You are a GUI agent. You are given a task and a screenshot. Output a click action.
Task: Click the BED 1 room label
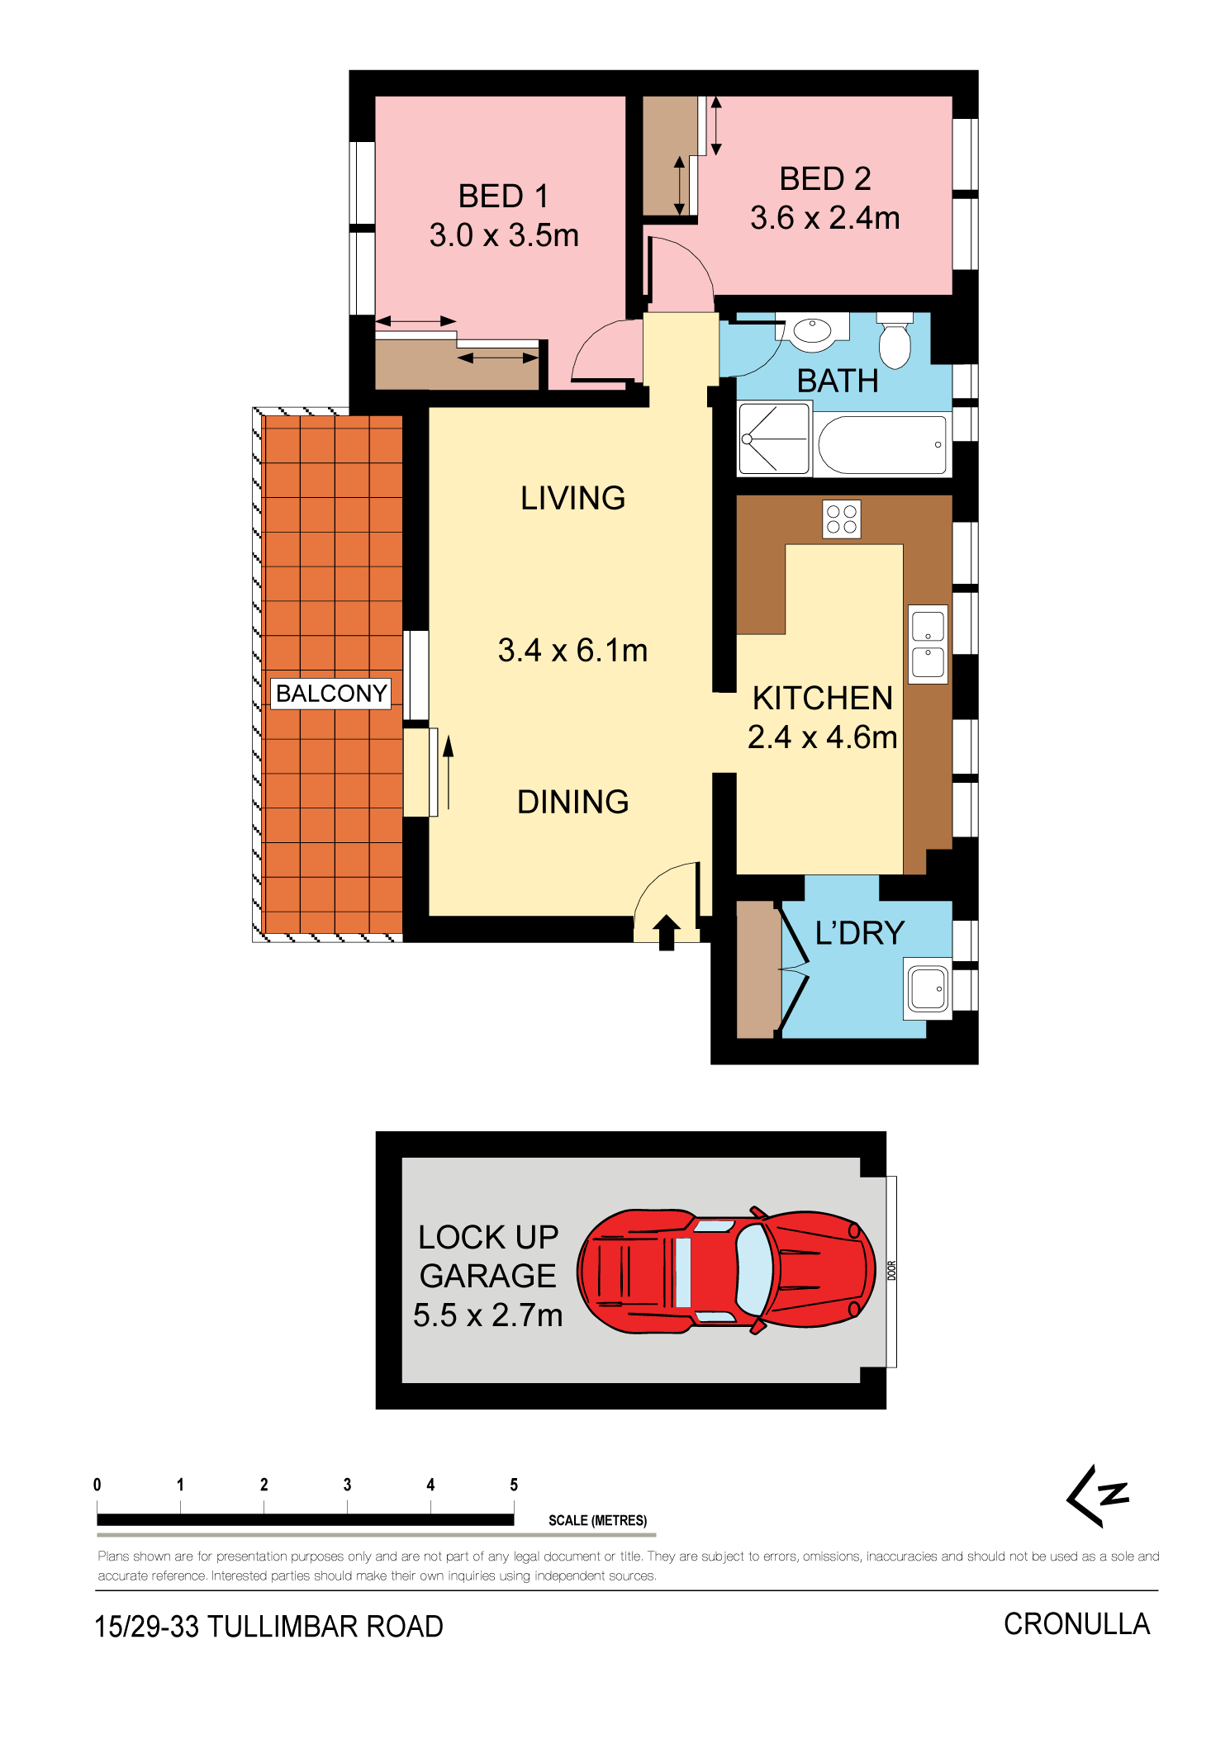coord(503,197)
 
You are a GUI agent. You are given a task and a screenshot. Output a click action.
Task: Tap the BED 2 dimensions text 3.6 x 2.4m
coord(824,218)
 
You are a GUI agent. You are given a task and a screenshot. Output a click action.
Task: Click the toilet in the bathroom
coord(895,341)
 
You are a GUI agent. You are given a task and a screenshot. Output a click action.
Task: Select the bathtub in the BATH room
coord(882,444)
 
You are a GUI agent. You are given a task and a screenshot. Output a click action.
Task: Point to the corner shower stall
coord(774,438)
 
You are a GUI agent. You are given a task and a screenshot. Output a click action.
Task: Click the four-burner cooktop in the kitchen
coord(842,519)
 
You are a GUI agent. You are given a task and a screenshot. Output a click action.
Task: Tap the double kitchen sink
coord(928,644)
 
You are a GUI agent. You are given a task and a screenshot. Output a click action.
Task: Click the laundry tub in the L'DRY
coord(928,988)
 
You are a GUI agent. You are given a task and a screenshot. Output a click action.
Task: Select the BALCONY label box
coord(331,694)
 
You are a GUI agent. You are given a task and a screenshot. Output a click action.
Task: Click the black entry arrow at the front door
coord(667,932)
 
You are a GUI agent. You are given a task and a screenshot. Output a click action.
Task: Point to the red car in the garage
coord(726,1271)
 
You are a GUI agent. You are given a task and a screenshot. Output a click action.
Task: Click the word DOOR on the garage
coord(892,1271)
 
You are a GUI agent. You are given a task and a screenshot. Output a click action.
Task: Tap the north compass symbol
coord(1098,1495)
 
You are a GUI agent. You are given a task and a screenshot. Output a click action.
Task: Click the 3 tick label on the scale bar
coord(347,1485)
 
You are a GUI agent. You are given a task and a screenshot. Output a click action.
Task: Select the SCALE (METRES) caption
coord(597,1520)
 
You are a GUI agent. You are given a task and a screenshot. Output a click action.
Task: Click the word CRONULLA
coord(1076,1624)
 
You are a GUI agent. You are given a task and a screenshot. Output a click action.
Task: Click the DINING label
coord(572,802)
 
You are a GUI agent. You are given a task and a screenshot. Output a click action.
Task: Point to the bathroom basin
coord(813,331)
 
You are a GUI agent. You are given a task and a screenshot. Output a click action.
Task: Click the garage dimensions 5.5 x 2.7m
coord(487,1315)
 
